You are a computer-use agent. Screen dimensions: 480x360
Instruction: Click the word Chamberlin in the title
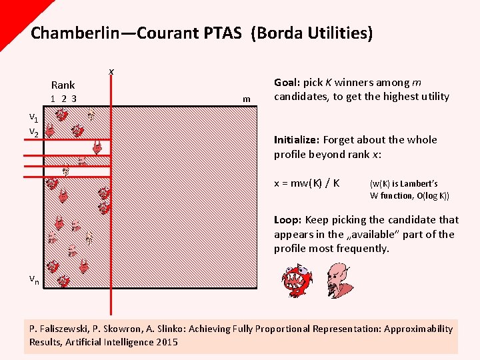(75, 33)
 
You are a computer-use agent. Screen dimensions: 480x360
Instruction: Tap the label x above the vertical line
(111, 71)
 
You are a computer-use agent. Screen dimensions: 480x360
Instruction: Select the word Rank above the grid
(63, 85)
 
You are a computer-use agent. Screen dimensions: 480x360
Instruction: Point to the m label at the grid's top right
(247, 99)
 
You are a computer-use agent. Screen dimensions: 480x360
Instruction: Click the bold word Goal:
(287, 83)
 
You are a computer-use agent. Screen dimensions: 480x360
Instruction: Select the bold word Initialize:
(297, 139)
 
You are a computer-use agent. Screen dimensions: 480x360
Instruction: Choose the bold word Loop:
(287, 219)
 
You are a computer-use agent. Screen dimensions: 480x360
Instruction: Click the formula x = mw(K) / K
(307, 183)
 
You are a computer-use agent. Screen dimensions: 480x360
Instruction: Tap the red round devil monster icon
(296, 280)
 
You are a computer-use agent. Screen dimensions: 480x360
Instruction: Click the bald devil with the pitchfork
(339, 280)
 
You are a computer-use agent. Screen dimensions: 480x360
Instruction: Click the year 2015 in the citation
(166, 342)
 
